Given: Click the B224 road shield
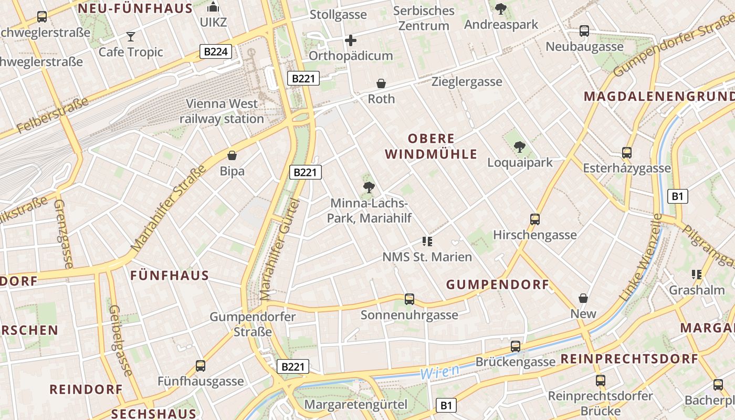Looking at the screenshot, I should [x=216, y=51].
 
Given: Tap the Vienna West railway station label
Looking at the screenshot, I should [x=222, y=111].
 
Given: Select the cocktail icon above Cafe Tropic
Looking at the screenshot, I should [x=131, y=36].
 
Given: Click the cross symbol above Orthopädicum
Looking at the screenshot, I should [x=351, y=40].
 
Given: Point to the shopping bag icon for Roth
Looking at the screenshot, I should [x=381, y=83].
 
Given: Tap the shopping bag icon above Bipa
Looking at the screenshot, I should [x=232, y=155].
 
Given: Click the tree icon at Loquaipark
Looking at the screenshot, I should [x=520, y=147].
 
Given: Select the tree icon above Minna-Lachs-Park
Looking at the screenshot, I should [x=369, y=187].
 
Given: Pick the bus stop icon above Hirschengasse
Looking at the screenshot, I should [x=535, y=219].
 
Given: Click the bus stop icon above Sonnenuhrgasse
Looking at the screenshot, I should [x=409, y=299].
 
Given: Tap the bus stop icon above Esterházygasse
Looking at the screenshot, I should [x=627, y=153].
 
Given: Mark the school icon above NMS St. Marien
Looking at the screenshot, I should [x=427, y=241].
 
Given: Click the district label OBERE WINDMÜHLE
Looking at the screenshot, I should [x=432, y=146].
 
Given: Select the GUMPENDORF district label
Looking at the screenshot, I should [x=497, y=285].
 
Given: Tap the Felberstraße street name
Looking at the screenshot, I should [x=52, y=115].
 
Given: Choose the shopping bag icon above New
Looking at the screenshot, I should [x=583, y=298].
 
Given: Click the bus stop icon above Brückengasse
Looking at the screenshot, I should [x=516, y=346].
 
